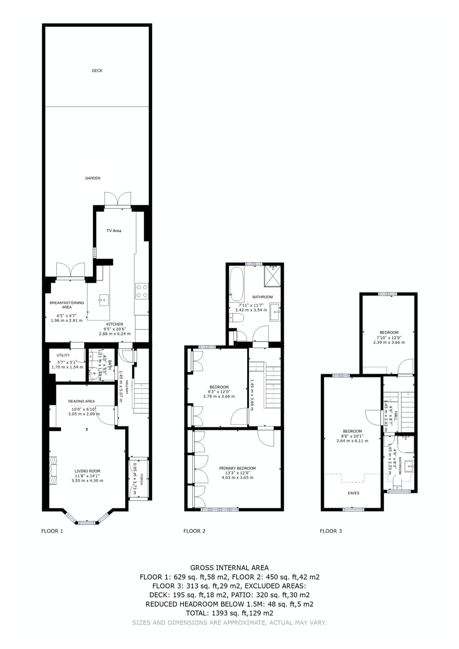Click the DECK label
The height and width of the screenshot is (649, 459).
pyautogui.click(x=97, y=71)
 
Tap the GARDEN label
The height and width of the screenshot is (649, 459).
pyautogui.click(x=93, y=178)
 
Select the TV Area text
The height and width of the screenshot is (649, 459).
pyautogui.click(x=114, y=231)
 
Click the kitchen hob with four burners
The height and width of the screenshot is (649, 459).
pyautogui.click(x=142, y=291)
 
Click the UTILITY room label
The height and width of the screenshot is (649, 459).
pyautogui.click(x=63, y=355)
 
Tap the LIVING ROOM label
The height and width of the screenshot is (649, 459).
pyautogui.click(x=87, y=471)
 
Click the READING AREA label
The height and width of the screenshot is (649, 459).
pyautogui.click(x=81, y=401)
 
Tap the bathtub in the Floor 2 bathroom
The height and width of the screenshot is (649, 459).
pyautogui.click(x=236, y=284)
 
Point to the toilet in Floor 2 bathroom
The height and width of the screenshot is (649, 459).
pyautogui.click(x=236, y=318)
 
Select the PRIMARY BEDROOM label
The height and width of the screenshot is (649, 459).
pyautogui.click(x=237, y=468)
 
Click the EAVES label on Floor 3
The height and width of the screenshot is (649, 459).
pyautogui.click(x=354, y=493)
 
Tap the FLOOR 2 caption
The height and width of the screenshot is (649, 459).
pyautogui.click(x=194, y=531)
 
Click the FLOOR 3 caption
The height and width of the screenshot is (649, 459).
pyautogui.click(x=331, y=531)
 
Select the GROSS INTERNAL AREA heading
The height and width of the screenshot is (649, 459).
pyautogui.click(x=229, y=568)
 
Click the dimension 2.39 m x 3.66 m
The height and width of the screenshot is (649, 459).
pyautogui.click(x=389, y=342)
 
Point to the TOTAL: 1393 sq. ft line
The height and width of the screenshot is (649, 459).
pyautogui.click(x=229, y=613)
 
